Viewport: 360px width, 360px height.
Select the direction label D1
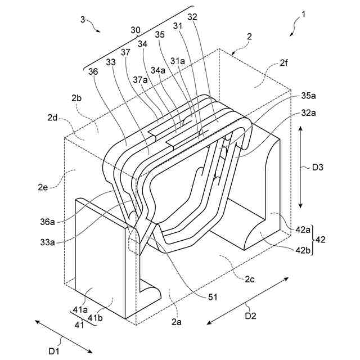click(54, 351)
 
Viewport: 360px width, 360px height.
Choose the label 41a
click(79, 310)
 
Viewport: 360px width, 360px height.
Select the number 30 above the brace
click(136, 30)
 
